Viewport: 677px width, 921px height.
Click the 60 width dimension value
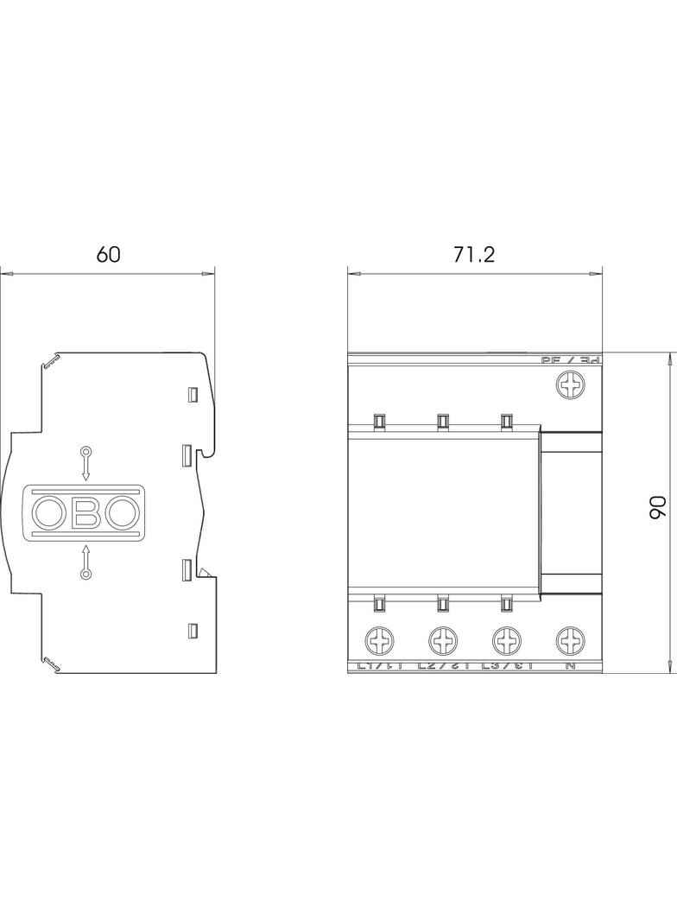coord(108,254)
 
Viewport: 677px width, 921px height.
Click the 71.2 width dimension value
coord(475,254)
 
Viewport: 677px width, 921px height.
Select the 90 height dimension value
coord(655,508)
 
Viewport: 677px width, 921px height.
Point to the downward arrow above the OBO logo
coord(85,463)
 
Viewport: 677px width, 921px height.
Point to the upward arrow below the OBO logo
coord(85,561)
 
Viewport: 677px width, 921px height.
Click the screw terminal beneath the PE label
coord(570,384)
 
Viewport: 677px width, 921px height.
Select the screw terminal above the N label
coord(570,641)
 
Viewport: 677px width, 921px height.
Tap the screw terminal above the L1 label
coord(378,641)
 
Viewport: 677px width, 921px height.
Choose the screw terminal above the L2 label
coord(441,641)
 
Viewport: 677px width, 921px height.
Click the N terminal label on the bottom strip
coord(570,666)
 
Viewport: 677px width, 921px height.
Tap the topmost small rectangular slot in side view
coord(193,395)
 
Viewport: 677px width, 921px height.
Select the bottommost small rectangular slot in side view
coord(193,630)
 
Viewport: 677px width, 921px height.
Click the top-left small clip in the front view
coord(378,421)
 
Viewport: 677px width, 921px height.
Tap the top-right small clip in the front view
coord(505,421)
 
